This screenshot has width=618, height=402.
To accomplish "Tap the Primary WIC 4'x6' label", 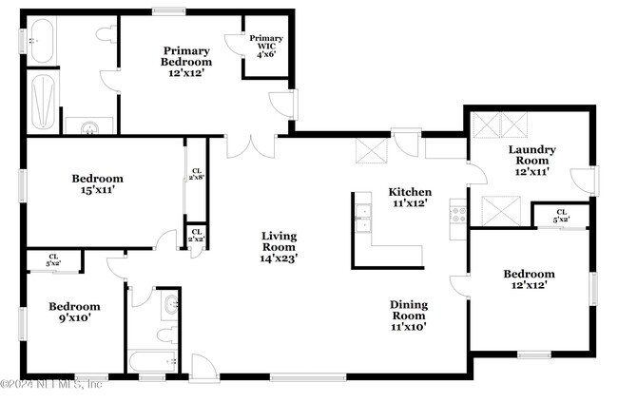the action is (266, 47).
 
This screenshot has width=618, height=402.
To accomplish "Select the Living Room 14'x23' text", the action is (279, 247).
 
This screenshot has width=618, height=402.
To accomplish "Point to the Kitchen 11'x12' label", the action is (410, 197).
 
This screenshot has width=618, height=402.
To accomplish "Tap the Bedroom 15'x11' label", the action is (97, 184).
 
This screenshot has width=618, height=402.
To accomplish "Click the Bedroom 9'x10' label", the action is (74, 312).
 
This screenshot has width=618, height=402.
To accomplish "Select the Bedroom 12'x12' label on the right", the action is (529, 279).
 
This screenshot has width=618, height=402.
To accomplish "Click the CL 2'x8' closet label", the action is (197, 174).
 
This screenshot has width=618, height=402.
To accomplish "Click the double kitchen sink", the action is (363, 218).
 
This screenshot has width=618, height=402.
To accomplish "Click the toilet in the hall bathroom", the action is (168, 335).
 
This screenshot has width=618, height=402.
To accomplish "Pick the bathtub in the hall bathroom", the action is (152, 361).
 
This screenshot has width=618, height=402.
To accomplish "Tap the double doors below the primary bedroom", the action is (251, 146).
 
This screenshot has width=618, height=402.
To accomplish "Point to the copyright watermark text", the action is (51, 384).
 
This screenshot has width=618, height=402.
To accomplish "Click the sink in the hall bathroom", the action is (172, 305).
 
